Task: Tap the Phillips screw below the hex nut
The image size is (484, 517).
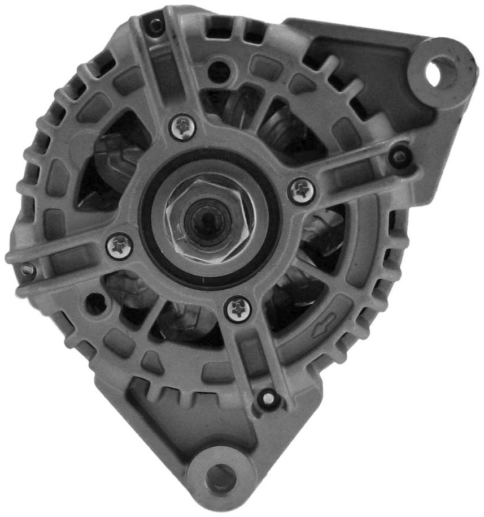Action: [238, 309]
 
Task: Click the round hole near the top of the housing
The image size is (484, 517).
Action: [219, 72]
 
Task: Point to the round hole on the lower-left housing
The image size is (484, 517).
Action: [95, 304]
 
